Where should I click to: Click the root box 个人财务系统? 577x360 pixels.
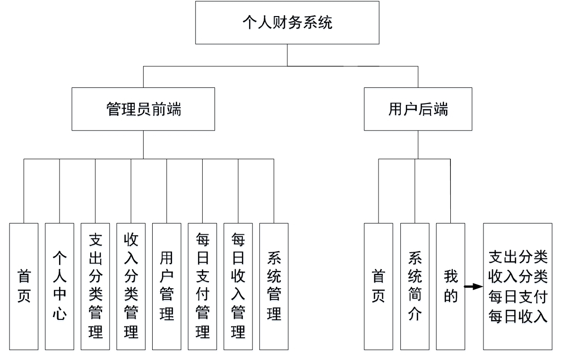coord(287,23)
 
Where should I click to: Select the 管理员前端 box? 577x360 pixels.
coord(143,109)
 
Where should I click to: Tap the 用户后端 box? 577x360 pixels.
coord(418,109)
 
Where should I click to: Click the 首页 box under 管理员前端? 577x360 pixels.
coord(24,286)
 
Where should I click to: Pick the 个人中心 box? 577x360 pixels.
coord(60,286)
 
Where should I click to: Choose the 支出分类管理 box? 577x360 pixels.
coord(95,286)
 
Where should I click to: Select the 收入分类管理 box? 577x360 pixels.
coord(131,286)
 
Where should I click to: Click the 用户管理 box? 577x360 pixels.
coord(166,286)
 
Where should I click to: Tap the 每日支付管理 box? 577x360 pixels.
coord(202,286)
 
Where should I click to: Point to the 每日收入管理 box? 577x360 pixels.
coord(238,286)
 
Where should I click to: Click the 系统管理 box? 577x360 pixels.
coord(274,286)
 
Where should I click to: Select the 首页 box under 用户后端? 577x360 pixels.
coord(378,286)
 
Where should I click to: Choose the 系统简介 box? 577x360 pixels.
coord(414,286)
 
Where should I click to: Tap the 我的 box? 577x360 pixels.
coord(450,286)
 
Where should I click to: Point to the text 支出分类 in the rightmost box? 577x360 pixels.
coord(517,257)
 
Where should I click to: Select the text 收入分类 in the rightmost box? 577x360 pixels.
coord(517,276)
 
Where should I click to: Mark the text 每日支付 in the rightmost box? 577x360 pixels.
coord(517,297)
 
